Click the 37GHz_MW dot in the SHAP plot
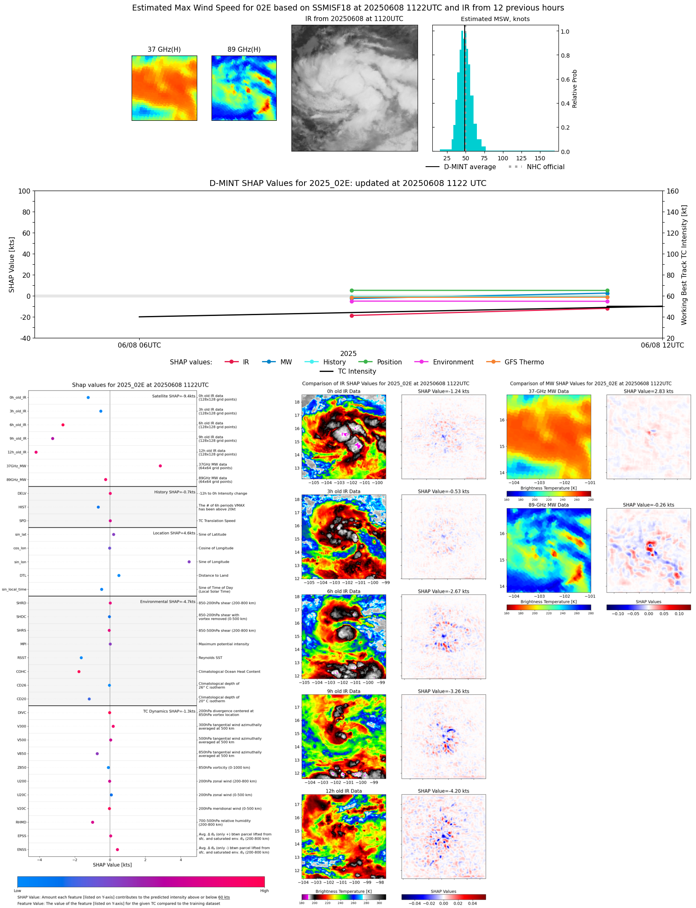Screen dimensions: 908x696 coord(160,466)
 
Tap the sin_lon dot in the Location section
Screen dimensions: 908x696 coord(189,562)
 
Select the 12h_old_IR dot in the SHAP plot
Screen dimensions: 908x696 coord(36,452)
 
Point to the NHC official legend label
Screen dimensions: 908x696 coord(545,167)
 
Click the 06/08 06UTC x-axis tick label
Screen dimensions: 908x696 coord(139,345)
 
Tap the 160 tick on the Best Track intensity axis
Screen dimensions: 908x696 coord(672,191)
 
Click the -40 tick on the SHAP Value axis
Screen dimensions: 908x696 coord(24,338)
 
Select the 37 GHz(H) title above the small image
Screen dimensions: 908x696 coord(164,50)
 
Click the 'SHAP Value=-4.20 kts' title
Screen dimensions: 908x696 coord(443,791)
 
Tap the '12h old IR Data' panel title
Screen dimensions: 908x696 coord(344,791)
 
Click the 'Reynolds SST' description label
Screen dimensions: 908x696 coord(210,658)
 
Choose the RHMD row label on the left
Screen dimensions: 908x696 coord(21,822)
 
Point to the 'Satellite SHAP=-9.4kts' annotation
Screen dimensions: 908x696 coord(174,396)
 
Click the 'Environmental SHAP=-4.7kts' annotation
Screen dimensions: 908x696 coord(168,602)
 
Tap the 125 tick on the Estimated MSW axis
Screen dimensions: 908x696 coord(521,159)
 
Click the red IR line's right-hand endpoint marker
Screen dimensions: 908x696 coord(607,308)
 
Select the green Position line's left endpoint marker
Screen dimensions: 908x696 coord(352,290)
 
